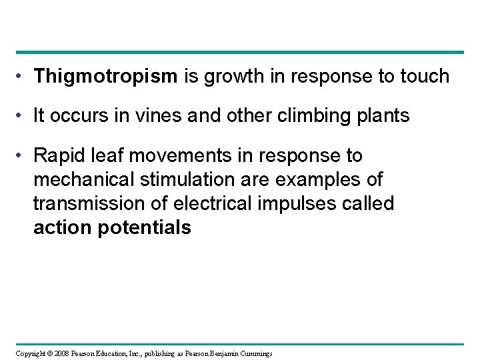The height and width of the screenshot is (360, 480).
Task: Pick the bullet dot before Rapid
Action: [x=21, y=157]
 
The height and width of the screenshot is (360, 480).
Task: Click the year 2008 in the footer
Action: [x=57, y=353]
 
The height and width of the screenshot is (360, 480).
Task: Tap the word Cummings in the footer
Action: [x=254, y=353]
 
